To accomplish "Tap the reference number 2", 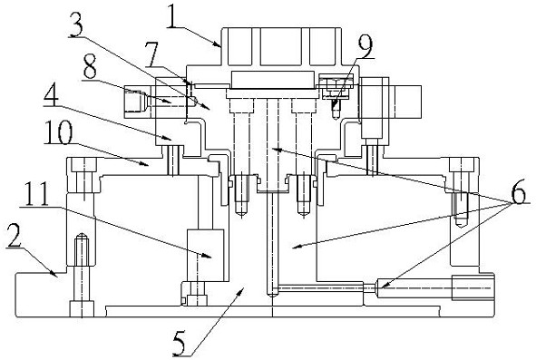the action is (14, 236).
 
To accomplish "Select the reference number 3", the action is (76, 24).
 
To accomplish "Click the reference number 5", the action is (180, 344).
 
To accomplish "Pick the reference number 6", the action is (518, 192).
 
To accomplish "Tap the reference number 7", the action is (151, 54).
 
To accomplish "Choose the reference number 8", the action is (90, 68).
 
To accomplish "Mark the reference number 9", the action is (365, 47).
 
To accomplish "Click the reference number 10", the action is (58, 132).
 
